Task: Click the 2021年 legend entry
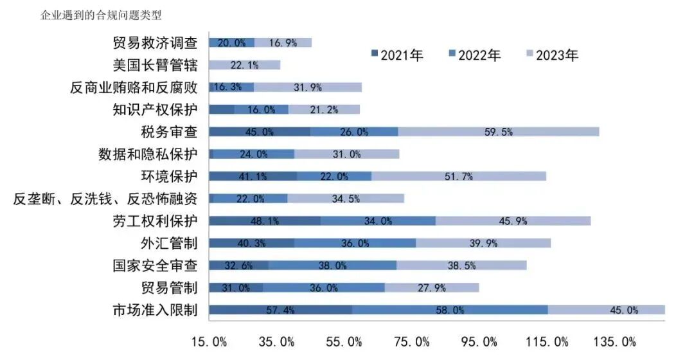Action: pos(397,55)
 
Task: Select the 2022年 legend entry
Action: pos(474,55)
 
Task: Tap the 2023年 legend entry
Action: pos(552,55)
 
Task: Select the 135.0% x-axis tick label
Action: pos(619,341)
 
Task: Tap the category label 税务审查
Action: pos(169,132)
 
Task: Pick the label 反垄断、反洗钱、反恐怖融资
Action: pos(105,199)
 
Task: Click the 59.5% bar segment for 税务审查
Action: pos(498,132)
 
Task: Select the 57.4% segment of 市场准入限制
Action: pos(280,310)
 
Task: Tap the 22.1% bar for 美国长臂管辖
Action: pos(245,65)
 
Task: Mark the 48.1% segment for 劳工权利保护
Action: pos(265,221)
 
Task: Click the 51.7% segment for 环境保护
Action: pos(459,176)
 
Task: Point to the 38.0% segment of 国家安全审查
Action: pos(332,265)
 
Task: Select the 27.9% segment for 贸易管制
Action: pos(432,287)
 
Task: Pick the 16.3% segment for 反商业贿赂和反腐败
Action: pos(231,87)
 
